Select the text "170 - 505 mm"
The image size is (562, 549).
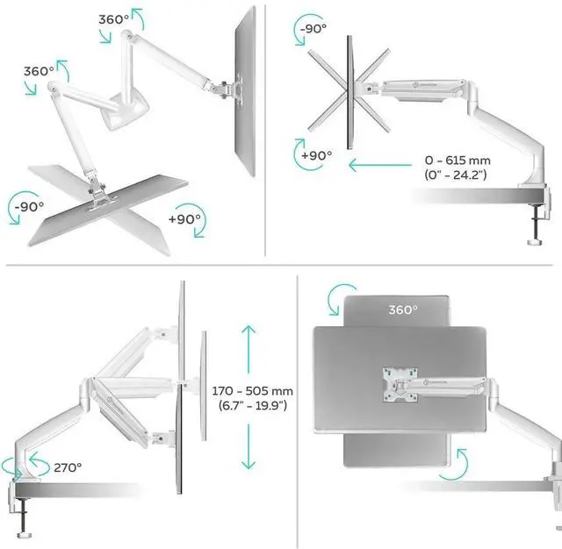(x=253, y=390)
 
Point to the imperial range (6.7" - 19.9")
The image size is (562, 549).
(x=253, y=407)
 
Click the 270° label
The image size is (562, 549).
(x=67, y=467)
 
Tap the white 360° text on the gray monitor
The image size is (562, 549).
(x=402, y=310)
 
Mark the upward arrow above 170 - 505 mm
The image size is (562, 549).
(x=249, y=346)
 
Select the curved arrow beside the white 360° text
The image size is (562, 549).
(x=340, y=297)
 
